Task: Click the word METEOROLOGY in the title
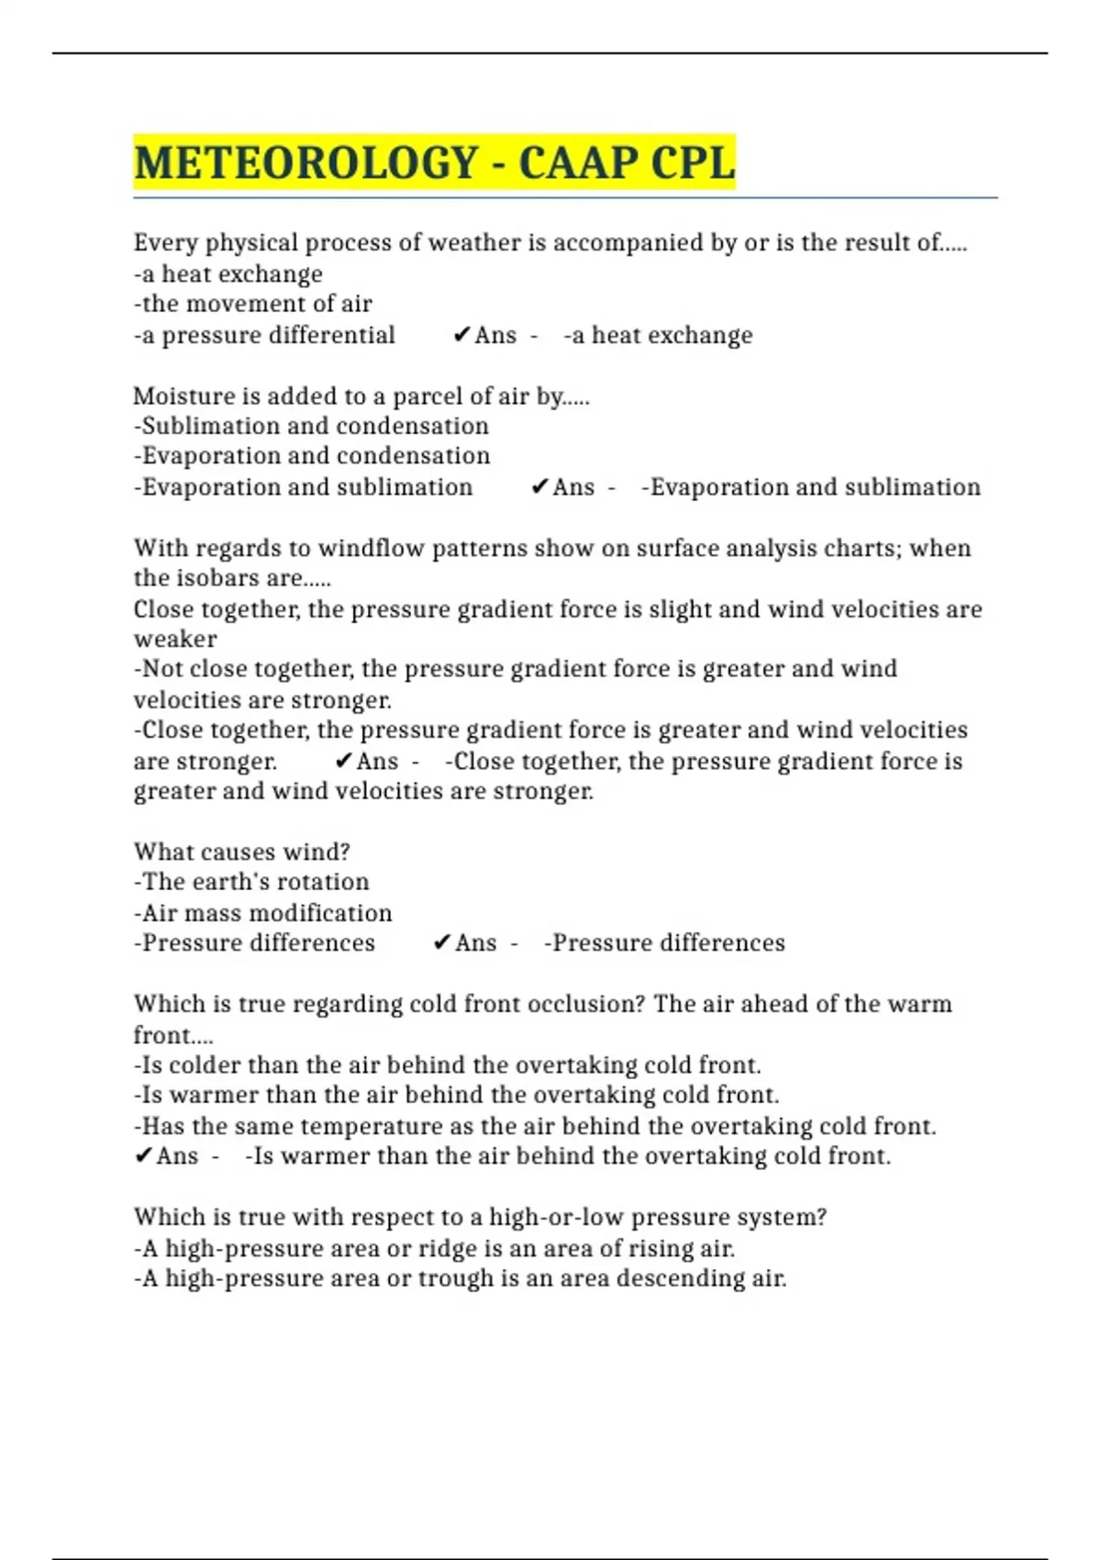[x=305, y=163]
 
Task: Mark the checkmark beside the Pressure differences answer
[x=441, y=942]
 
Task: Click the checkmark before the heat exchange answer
[x=462, y=335]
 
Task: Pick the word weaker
[x=175, y=639]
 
